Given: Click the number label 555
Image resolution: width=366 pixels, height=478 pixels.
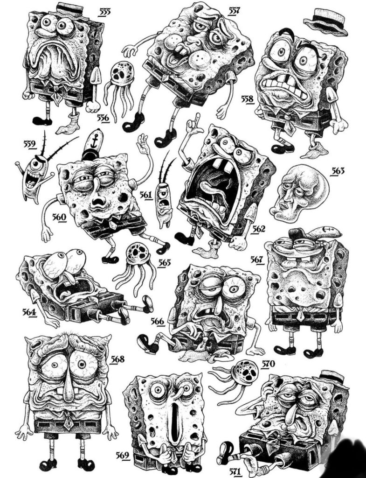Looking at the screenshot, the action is tap(104, 12).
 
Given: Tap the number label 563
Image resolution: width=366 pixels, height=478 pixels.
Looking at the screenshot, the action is tap(338, 171).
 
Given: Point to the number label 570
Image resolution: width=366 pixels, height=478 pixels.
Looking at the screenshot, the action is tap(268, 364).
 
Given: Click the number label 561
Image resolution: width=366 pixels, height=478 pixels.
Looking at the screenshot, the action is tap(146, 195).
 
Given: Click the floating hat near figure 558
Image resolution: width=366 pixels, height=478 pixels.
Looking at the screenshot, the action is tap(325, 22).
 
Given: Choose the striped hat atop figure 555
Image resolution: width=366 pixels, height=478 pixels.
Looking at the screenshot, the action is tap(70, 9).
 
